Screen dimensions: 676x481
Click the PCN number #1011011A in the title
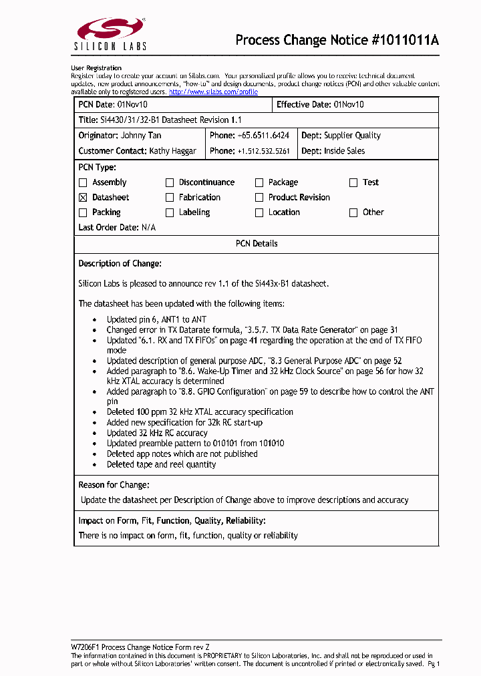(404, 40)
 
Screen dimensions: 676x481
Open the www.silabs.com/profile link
(213, 92)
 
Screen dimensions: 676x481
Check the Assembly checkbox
(83, 182)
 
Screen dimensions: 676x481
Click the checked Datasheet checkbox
(83, 198)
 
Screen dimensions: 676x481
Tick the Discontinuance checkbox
(170, 182)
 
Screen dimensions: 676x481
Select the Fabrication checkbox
(170, 198)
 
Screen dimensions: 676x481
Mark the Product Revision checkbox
(259, 198)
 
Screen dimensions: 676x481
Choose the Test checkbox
(353, 182)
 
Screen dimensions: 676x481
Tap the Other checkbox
(353, 213)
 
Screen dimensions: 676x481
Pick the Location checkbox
(259, 213)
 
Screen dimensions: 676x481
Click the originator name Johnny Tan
(140, 136)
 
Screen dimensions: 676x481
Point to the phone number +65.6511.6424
(263, 136)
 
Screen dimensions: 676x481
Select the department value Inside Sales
(344, 151)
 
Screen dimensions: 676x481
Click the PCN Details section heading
(257, 244)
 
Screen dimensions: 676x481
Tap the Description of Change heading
(120, 264)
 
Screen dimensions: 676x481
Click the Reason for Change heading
(114, 484)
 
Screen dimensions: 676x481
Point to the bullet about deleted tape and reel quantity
(161, 464)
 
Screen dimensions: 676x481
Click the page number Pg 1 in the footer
(434, 664)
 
